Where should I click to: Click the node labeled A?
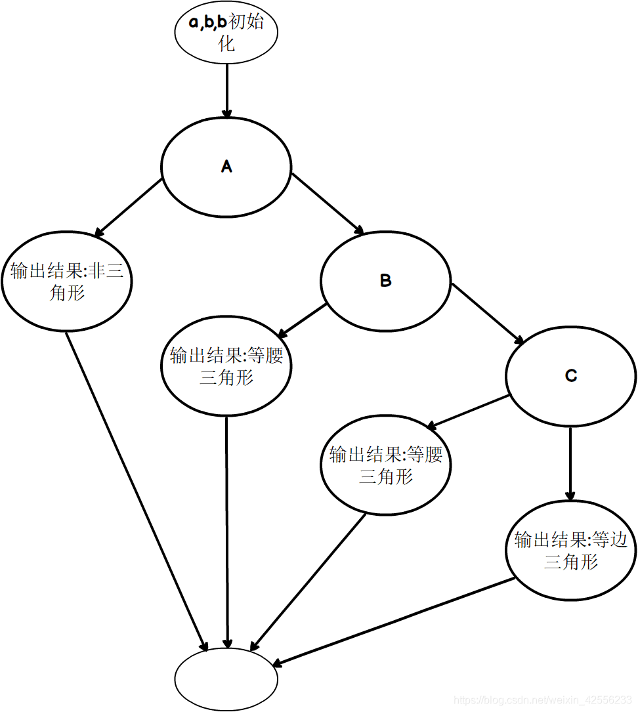[226, 167]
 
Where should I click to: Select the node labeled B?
[385, 281]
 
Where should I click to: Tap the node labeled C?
[570, 375]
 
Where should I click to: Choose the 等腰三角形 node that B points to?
[226, 367]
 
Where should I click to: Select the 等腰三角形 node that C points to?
[385, 465]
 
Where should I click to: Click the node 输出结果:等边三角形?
[570, 550]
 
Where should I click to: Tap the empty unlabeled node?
[226, 678]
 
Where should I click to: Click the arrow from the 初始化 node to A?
[226, 91]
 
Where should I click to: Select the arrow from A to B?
[327, 204]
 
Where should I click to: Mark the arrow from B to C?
[486, 313]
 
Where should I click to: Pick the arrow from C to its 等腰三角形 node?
[469, 412]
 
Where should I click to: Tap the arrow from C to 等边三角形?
[570, 463]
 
